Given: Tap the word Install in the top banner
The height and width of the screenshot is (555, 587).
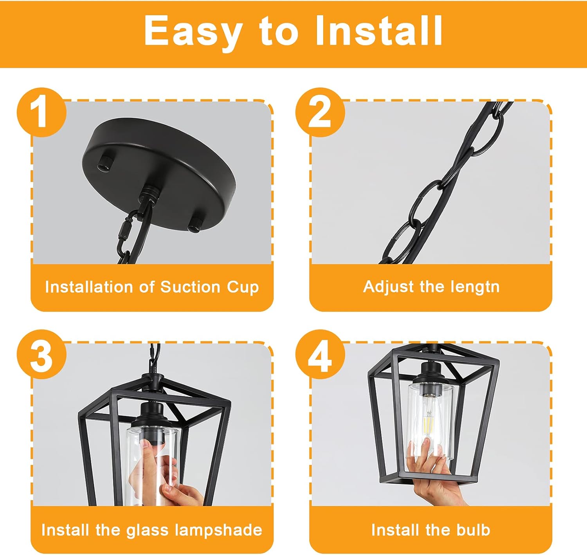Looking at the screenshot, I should click(378, 31).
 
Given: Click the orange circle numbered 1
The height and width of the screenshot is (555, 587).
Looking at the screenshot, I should click(41, 112).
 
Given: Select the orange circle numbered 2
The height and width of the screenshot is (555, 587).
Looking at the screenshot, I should click(320, 112).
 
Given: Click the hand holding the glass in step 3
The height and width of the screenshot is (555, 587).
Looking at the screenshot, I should click(157, 470).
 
